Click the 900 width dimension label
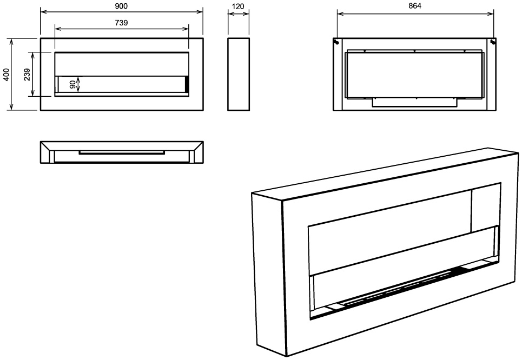point(121,6)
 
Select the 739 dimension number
point(121,23)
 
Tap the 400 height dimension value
point(6,75)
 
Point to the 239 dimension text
point(27,75)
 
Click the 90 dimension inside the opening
point(73,84)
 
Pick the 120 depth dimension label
point(238,6)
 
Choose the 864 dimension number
point(415,6)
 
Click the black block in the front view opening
point(187,84)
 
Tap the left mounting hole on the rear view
point(336,42)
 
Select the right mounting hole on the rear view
point(493,42)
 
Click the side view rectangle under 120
point(239,74)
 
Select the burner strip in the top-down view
point(122,153)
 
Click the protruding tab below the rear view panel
point(414,103)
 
